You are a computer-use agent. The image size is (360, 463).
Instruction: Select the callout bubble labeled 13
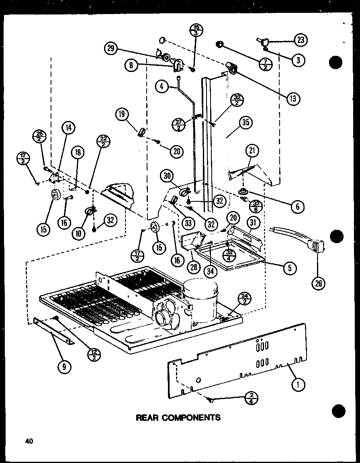tap(294, 97)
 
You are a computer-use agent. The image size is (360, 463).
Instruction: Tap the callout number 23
tap(301, 40)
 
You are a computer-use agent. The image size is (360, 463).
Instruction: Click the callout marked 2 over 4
tap(251, 398)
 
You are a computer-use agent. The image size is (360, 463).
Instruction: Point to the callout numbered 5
tap(289, 267)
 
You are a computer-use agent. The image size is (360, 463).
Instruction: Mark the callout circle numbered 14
tap(68, 128)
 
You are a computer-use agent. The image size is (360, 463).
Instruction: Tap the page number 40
tap(28, 441)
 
